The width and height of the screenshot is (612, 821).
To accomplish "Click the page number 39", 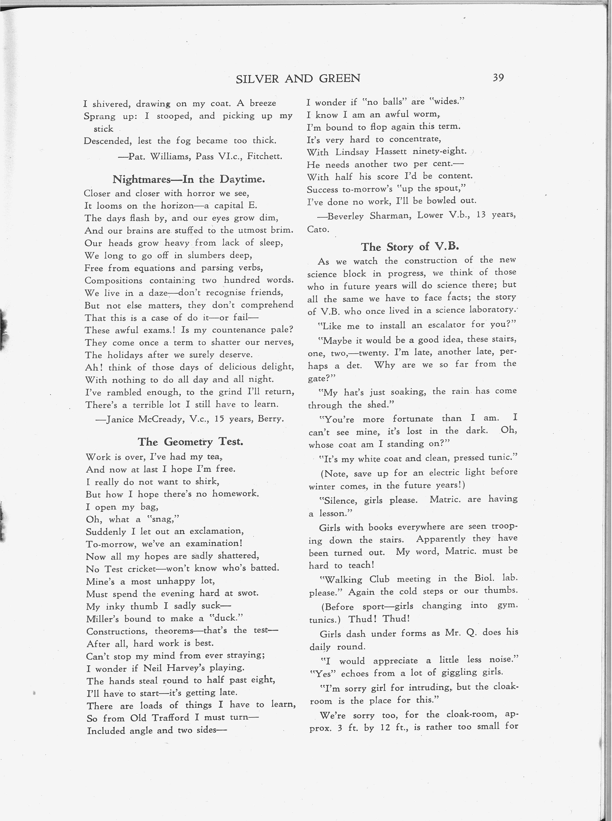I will pyautogui.click(x=498, y=78).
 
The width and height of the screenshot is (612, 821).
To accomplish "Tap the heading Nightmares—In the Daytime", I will pyautogui.click(x=189, y=179).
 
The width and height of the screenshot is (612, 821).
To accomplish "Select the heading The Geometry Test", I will pyautogui.click(x=190, y=442).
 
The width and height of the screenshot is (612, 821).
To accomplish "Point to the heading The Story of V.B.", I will pyautogui.click(x=410, y=247).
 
